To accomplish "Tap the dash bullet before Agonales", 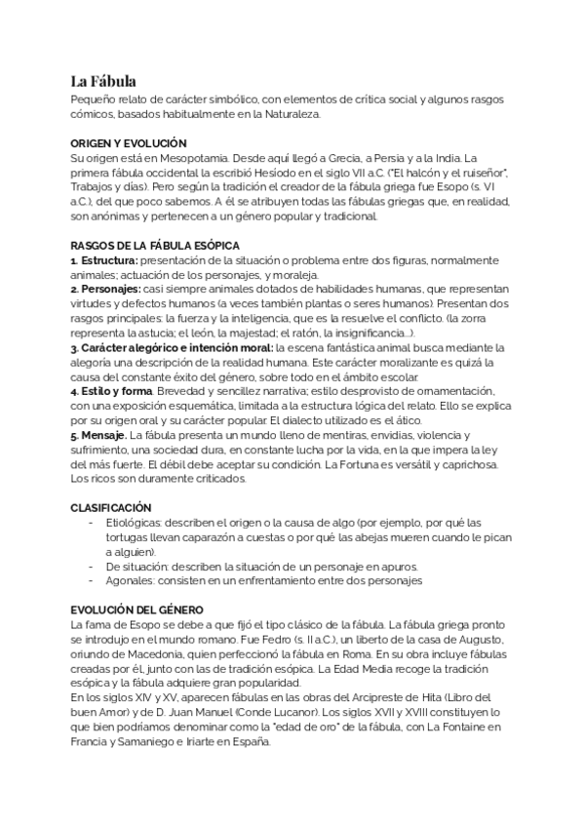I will [91, 581].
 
